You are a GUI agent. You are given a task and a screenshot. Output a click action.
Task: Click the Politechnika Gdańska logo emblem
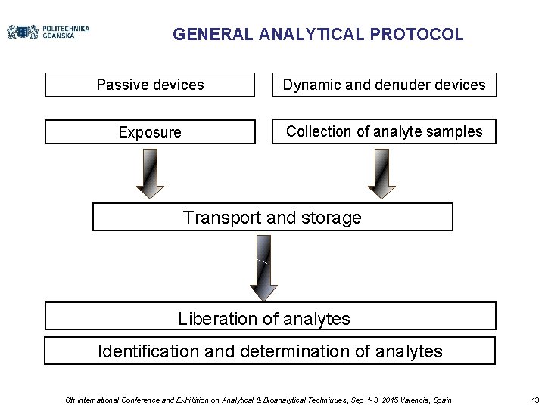[23, 32]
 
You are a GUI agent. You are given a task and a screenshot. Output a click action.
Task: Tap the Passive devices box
[150, 85]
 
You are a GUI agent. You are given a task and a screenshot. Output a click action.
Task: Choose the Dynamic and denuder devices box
[384, 85]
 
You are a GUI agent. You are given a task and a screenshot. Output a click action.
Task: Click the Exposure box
[150, 132]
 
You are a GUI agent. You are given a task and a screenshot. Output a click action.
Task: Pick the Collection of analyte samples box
[384, 131]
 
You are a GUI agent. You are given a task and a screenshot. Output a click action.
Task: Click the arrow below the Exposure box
[150, 172]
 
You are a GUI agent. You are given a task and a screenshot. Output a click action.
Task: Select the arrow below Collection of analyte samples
[381, 172]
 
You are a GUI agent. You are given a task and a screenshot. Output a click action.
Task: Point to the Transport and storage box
[272, 218]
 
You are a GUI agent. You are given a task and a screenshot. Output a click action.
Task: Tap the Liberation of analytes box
[270, 317]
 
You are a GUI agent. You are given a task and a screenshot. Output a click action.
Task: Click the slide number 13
[535, 400]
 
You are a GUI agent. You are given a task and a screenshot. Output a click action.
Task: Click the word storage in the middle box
[332, 218]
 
